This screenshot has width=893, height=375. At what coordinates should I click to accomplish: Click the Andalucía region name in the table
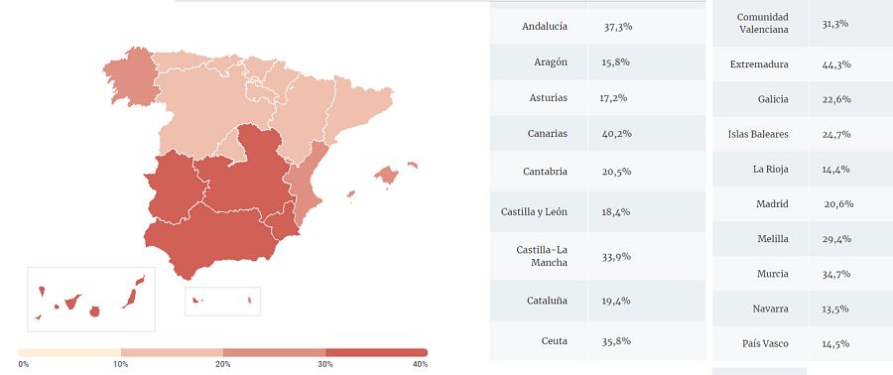click(x=545, y=27)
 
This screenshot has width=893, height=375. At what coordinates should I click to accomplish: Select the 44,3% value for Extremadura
click(x=836, y=64)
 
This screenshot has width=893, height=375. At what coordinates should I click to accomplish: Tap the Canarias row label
click(x=548, y=133)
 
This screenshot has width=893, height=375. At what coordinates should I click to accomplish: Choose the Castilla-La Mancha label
click(x=542, y=255)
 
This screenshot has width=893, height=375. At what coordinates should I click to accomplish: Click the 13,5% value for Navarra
click(x=835, y=309)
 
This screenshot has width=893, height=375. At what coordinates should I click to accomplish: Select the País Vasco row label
click(x=765, y=343)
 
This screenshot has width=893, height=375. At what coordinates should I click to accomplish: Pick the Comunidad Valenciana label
click(x=764, y=23)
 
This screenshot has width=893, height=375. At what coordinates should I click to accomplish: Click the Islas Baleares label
click(x=758, y=134)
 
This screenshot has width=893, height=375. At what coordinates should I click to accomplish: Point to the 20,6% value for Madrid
click(x=837, y=203)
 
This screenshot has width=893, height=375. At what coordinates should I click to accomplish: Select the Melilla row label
click(x=772, y=239)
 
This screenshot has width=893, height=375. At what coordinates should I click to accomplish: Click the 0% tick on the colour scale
click(x=23, y=364)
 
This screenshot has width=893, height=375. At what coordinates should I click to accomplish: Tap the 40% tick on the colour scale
click(x=420, y=364)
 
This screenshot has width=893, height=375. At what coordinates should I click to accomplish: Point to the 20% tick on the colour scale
click(x=223, y=364)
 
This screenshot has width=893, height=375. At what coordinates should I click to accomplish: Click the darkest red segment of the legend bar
click(x=376, y=352)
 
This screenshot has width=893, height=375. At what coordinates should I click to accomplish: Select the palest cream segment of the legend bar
click(x=69, y=352)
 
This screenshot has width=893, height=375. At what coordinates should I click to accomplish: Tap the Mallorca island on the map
click(x=386, y=176)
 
